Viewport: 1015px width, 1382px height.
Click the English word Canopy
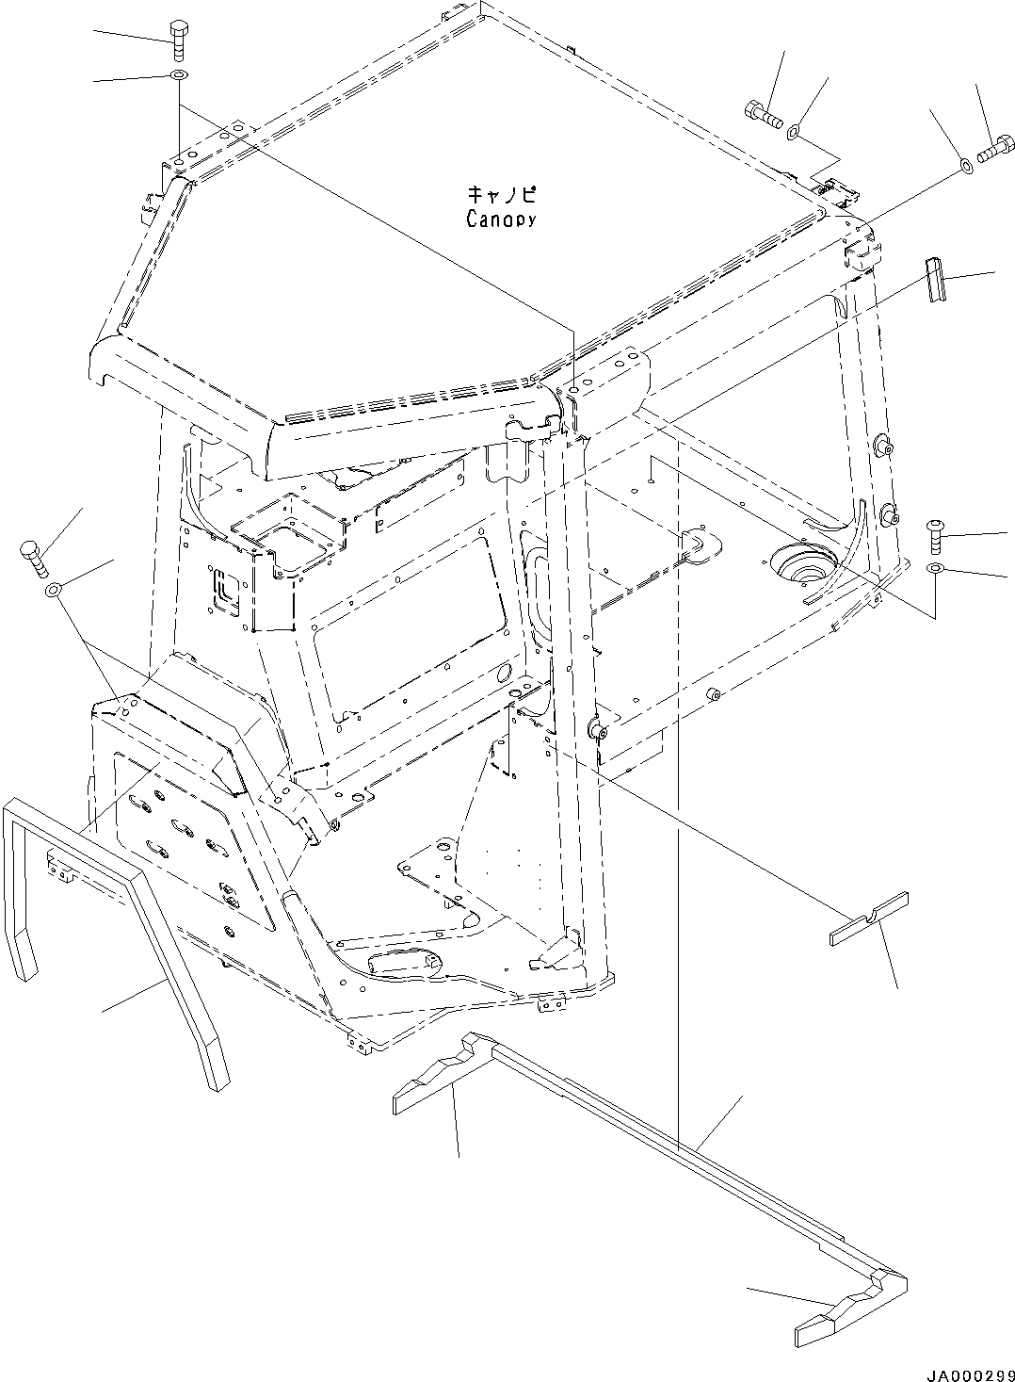(x=501, y=219)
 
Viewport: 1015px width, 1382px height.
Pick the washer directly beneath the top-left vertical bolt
(x=179, y=75)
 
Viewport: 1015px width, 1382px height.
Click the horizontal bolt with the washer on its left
(x=998, y=149)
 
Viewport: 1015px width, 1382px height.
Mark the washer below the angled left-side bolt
(x=53, y=591)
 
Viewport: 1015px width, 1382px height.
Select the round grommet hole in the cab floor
(x=801, y=565)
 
